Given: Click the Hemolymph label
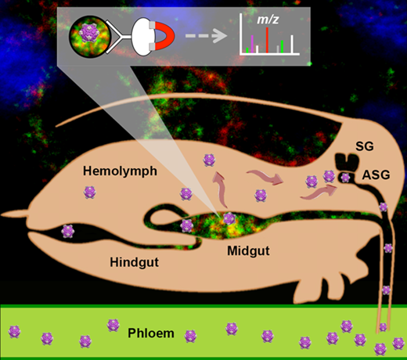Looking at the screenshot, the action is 120,172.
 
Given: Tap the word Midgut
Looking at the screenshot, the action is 248,251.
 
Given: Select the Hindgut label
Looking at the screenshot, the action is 134,262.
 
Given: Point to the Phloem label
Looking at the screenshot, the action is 151,333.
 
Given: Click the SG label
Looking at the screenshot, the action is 365,146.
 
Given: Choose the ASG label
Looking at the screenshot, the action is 376,175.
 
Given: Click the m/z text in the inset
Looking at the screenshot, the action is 268,20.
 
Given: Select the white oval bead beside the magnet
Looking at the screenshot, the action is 142,36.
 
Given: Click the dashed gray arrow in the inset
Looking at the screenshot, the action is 206,36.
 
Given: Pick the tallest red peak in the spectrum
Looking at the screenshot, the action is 267,40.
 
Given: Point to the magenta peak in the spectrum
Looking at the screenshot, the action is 252,44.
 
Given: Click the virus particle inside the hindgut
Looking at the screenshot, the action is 68,231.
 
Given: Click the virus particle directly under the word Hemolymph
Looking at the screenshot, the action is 90,193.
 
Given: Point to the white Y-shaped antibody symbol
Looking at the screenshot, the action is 118,38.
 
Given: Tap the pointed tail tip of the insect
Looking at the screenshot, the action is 2,214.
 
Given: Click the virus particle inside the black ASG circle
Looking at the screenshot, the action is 345,178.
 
